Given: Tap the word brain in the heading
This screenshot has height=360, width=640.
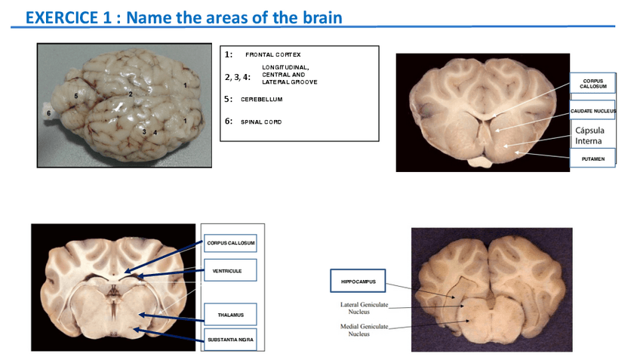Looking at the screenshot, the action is point(322,17).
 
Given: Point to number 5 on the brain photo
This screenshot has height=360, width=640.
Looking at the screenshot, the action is point(76,97).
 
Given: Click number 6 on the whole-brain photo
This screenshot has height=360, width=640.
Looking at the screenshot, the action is point(48,113).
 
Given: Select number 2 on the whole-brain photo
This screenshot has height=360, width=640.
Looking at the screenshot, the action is point(131,94).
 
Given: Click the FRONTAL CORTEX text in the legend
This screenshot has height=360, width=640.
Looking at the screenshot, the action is point(272,55).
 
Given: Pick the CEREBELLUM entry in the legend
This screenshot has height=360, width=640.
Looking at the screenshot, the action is point(261,100).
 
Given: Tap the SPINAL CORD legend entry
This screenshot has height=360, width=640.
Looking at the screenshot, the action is point(261,122).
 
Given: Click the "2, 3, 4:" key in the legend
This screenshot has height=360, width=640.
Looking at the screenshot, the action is point(238,78).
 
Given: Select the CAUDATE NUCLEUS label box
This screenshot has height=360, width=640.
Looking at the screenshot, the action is point(592,111).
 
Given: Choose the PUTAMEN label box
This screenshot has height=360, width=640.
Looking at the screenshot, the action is point(592,158).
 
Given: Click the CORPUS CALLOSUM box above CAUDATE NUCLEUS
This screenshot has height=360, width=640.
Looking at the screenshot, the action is point(592,83).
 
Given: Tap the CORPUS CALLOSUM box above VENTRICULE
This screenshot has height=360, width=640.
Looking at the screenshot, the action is point(230,243).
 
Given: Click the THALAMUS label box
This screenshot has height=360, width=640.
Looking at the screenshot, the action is point(230,315).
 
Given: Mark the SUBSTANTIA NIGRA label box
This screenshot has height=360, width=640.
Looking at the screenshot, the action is point(230,340).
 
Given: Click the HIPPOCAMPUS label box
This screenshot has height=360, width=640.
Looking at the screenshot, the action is point(358,282).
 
